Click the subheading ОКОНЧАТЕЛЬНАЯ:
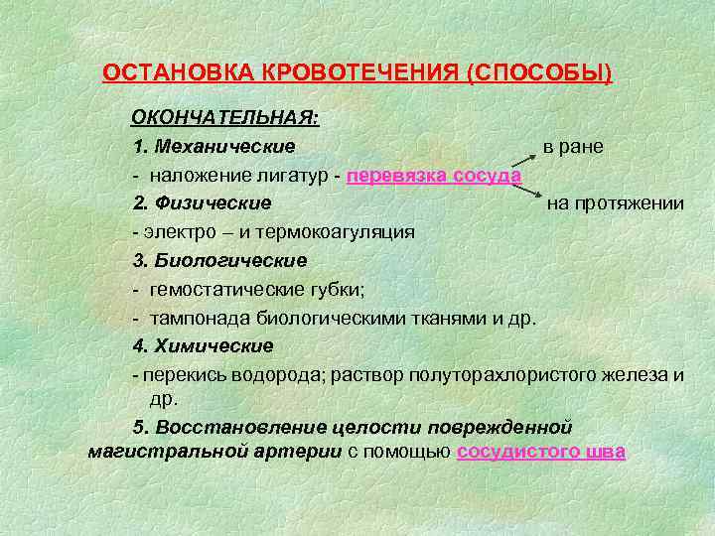[x=225, y=118]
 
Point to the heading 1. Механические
[x=214, y=147]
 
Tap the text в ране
[x=573, y=147]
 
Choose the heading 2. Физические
[x=202, y=203]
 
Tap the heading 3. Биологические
[x=219, y=260]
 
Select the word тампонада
[x=194, y=319]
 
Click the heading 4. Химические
[x=203, y=346]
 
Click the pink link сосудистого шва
[x=540, y=453]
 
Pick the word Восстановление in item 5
[x=227, y=427]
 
